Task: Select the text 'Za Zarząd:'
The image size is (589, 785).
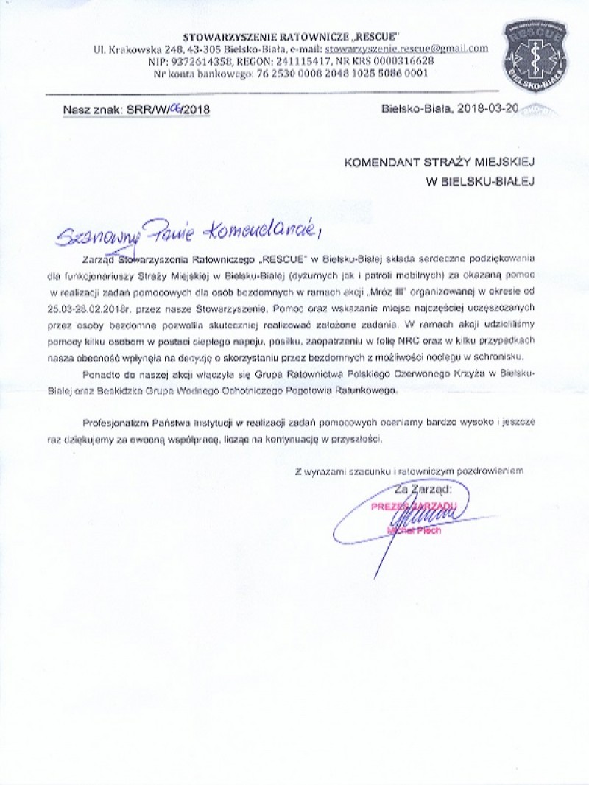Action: tap(424, 488)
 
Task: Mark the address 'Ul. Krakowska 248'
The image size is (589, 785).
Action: tap(139, 49)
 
